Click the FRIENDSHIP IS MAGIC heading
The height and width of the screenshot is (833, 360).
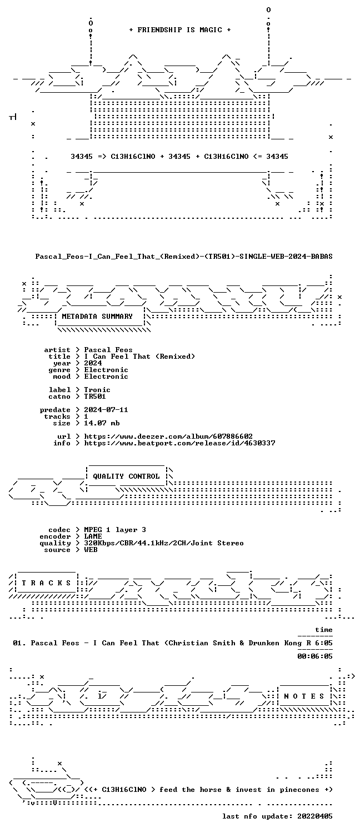coord(179,30)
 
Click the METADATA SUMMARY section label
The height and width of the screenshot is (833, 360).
coord(97,317)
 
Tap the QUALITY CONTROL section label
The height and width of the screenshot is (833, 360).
coord(126,476)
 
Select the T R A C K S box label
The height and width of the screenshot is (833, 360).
coord(46,583)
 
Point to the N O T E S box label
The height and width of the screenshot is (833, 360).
coord(304,696)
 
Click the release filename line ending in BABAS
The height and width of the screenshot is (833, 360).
coord(184,257)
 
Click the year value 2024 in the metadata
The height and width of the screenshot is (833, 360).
coord(93,363)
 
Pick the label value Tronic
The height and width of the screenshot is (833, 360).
coord(97,390)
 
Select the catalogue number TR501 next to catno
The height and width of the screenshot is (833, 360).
coord(95,397)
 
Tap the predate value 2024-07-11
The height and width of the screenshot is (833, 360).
coord(106,410)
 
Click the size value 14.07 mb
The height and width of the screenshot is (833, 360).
coord(102,423)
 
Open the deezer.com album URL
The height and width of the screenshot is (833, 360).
coord(168,436)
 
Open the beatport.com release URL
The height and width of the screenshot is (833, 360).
coord(179,443)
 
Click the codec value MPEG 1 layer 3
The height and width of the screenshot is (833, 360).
coord(115,530)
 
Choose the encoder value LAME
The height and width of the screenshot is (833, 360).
coord(93,536)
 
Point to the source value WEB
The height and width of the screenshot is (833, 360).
coord(91,550)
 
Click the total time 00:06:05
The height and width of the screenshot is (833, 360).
coord(315,657)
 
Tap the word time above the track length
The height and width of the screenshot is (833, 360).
coord(324,630)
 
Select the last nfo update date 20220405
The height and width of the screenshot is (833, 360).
coord(315,817)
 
